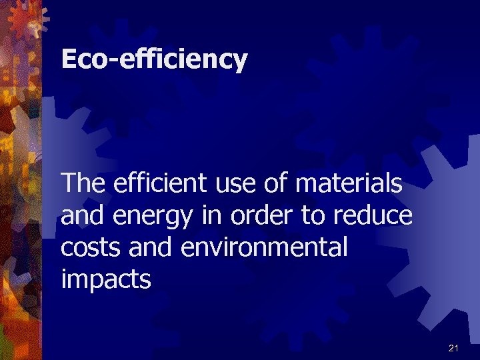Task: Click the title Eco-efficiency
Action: [x=154, y=60]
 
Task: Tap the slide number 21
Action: [x=454, y=348]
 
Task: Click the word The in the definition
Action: [x=83, y=183]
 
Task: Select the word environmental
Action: [x=264, y=247]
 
